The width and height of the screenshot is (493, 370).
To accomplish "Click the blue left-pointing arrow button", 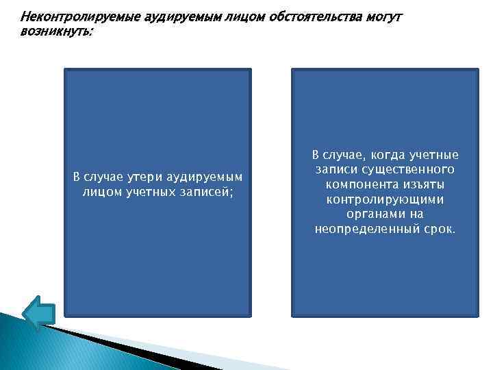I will (x=38, y=311).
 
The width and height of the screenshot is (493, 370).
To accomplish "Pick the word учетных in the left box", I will (x=151, y=193).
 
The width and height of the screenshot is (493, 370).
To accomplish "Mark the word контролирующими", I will (x=385, y=199).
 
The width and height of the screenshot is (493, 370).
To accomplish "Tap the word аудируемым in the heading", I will (x=178, y=16).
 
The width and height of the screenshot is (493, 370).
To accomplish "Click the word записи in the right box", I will (x=336, y=169).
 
